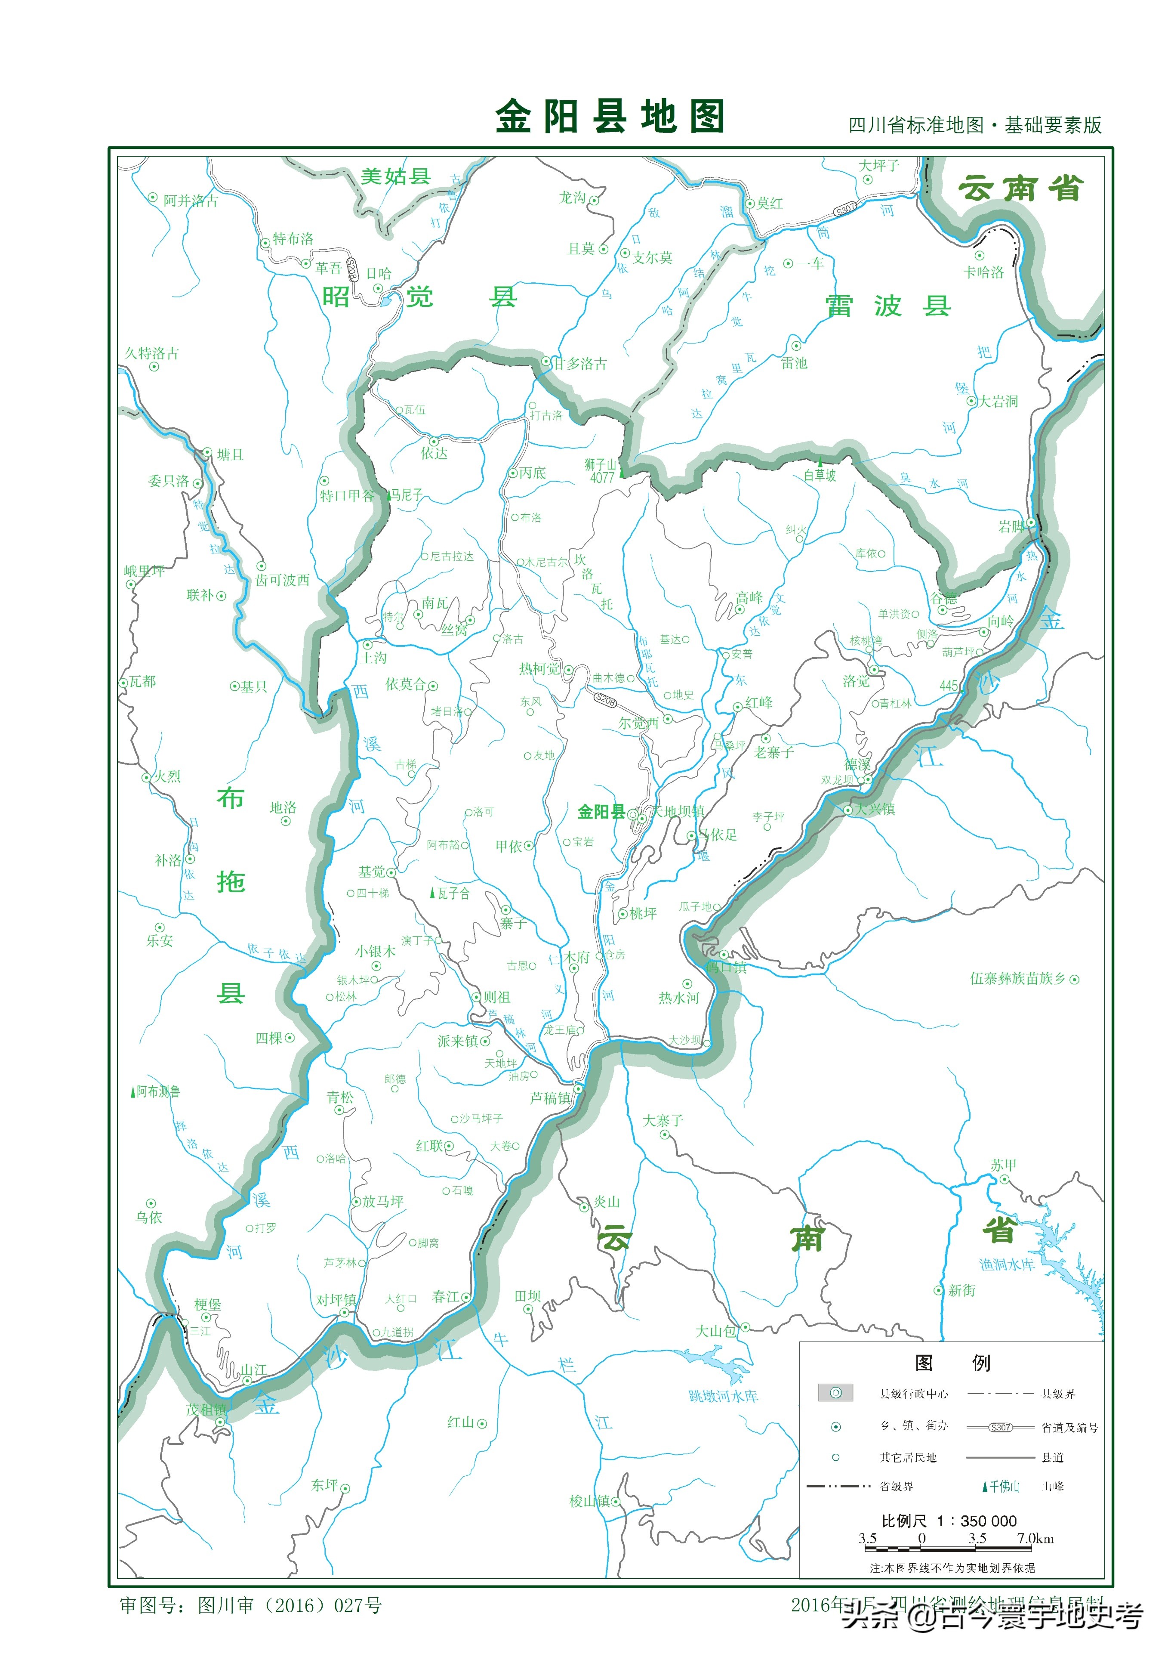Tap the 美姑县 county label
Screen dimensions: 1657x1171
click(395, 177)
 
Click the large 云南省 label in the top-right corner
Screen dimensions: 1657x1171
click(1020, 189)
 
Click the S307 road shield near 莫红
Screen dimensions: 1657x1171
click(845, 209)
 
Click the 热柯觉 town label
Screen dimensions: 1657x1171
click(539, 669)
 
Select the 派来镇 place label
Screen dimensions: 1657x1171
click(457, 1041)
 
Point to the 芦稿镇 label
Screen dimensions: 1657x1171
click(550, 1097)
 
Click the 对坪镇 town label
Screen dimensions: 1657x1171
click(336, 1299)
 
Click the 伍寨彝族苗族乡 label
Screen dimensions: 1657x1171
click(1017, 979)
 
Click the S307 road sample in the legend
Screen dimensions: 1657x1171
click(1000, 1427)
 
